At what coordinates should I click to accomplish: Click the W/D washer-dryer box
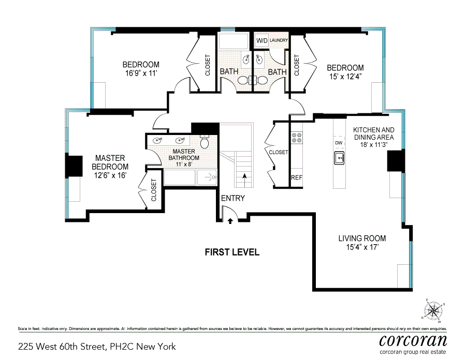pos(262,40)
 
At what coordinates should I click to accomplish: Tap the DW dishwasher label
pos(339,143)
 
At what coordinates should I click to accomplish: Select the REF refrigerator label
pos(297,177)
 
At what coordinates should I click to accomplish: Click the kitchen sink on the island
pos(339,158)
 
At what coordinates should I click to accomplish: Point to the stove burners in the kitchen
pos(297,138)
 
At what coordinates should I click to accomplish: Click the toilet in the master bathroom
pos(205,141)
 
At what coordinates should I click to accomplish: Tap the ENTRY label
pos(233,198)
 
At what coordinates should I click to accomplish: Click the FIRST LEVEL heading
pos(232,252)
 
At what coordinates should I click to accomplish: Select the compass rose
pos(433,311)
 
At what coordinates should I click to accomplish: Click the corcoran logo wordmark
pos(413,340)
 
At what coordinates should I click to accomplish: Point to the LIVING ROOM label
pos(362,238)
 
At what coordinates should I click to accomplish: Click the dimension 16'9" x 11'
pos(141,73)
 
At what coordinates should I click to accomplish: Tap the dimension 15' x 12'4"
pos(345,77)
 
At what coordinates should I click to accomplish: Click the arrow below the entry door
pos(230,221)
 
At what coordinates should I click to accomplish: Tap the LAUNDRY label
pos(279,40)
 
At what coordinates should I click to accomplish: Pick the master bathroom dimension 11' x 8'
pos(184,164)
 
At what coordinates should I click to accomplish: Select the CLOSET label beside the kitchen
pos(279,152)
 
